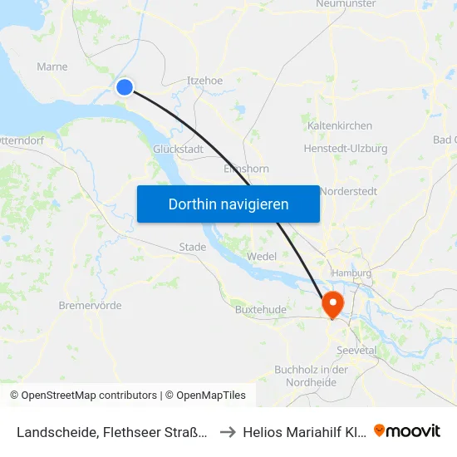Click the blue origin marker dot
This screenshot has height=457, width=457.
[x=125, y=86]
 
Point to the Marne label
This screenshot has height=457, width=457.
[x=52, y=66]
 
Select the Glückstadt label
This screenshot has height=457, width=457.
[x=178, y=149]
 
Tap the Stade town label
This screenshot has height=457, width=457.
[x=192, y=247]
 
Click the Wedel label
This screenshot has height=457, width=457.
[x=262, y=257]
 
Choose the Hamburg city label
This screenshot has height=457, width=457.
[x=351, y=273]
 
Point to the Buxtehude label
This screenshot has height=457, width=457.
[x=260, y=310]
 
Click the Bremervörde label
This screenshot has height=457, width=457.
[x=90, y=305]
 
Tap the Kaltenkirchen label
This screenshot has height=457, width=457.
[x=339, y=125]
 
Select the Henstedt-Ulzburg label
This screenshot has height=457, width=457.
[x=346, y=149]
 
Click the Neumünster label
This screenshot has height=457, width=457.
[x=346, y=4]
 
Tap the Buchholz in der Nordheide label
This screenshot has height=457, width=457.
[x=311, y=376]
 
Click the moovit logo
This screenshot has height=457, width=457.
[x=407, y=430]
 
